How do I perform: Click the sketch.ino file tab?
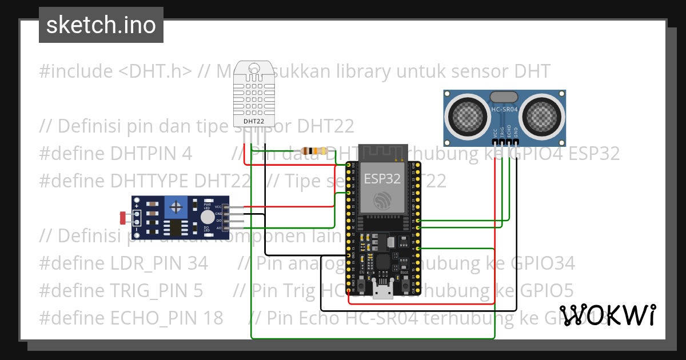pos(101,25)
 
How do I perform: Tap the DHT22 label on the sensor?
pos(254,121)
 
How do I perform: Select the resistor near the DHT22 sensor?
pos(314,151)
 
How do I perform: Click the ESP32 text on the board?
pos(382,178)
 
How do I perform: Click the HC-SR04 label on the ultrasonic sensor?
pos(505,109)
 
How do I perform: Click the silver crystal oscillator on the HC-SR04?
pos(505,97)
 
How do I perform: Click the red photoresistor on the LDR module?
pos(122,217)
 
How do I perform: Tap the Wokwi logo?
pos(607,315)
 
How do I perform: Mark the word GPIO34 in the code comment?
pos(543,263)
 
